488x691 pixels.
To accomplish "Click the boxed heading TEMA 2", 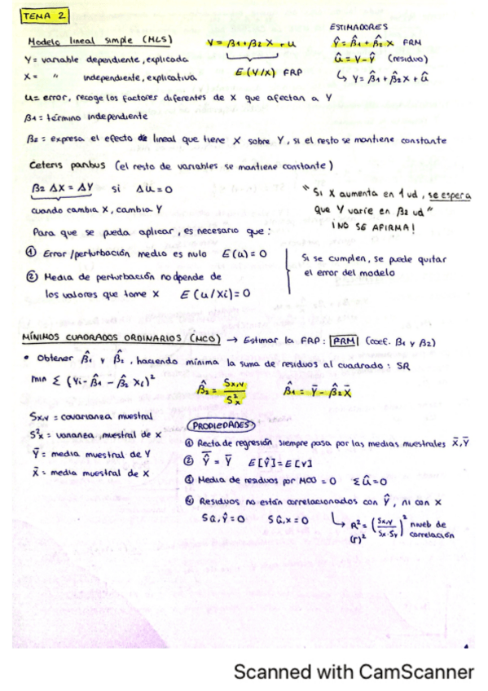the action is (46, 15).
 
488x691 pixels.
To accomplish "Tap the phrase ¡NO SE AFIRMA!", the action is (371, 230).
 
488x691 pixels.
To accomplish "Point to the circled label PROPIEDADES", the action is (222, 425).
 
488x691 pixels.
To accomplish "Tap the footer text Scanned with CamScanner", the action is (353, 672).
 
